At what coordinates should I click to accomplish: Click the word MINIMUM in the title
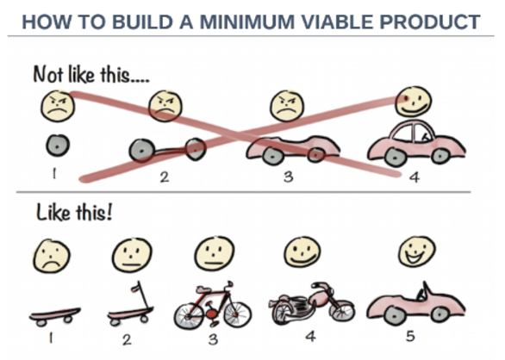point(247,22)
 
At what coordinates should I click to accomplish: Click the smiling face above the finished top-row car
point(414,102)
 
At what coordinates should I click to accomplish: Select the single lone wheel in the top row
point(58,146)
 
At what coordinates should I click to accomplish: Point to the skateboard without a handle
point(55,316)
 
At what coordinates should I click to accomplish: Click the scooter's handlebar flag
point(136,286)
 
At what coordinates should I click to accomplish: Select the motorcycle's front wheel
point(342,311)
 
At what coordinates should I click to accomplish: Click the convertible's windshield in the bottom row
point(423,291)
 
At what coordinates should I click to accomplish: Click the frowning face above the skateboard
point(51,256)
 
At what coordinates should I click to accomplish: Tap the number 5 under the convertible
point(410,336)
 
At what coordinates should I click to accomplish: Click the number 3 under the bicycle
point(213,339)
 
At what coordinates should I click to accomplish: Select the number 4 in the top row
point(415,177)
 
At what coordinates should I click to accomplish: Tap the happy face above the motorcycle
point(302,251)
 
